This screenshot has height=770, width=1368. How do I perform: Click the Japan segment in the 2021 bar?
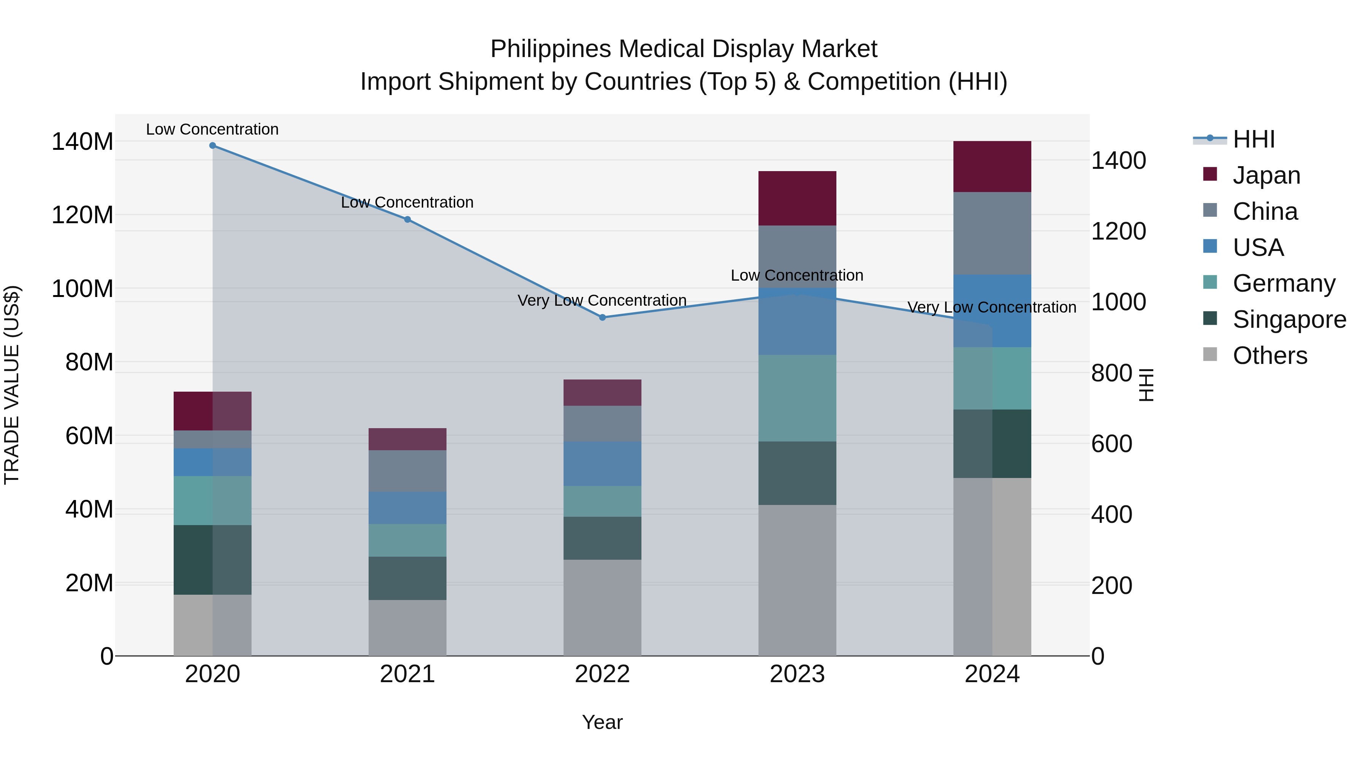(407, 439)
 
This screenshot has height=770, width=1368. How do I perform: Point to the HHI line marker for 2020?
(212, 146)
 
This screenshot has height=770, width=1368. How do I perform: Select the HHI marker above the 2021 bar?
(407, 219)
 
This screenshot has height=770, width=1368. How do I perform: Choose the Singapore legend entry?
(1289, 319)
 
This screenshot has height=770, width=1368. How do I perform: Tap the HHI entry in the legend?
(1253, 139)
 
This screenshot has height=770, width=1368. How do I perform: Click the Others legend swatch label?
(1269, 356)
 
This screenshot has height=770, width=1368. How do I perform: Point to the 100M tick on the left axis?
(82, 289)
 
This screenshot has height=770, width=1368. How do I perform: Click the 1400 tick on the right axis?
(1118, 160)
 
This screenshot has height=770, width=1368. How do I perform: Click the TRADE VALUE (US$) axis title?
(12, 385)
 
